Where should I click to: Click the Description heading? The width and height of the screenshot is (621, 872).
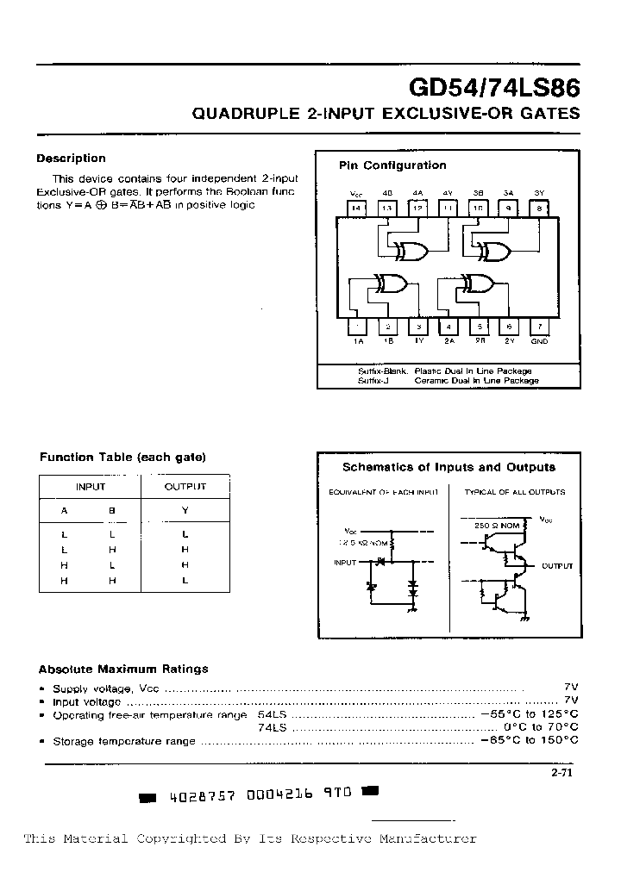(x=71, y=159)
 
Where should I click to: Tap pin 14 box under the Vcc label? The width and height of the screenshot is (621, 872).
(x=356, y=208)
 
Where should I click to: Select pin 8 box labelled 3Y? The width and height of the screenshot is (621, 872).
(x=539, y=208)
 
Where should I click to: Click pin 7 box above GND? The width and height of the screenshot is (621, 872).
(x=539, y=327)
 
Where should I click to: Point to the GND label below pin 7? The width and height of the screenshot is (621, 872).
(x=539, y=341)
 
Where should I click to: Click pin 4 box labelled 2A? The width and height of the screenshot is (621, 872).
(x=448, y=327)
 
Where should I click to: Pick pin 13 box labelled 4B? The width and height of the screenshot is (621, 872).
(x=387, y=208)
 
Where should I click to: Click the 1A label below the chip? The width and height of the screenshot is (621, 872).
(x=358, y=341)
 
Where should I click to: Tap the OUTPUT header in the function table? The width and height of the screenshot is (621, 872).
(x=185, y=487)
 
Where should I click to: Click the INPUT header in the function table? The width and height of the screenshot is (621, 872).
(x=91, y=487)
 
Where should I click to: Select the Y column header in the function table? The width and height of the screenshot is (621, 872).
(x=185, y=510)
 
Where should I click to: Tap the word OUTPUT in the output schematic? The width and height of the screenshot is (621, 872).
(x=557, y=566)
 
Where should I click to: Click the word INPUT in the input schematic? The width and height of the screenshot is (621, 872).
(x=345, y=563)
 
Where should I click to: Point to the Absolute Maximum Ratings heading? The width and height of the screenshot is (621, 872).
(x=123, y=669)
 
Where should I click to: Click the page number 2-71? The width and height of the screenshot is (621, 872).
(x=561, y=772)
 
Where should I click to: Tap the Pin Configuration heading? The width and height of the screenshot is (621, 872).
(x=392, y=165)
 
